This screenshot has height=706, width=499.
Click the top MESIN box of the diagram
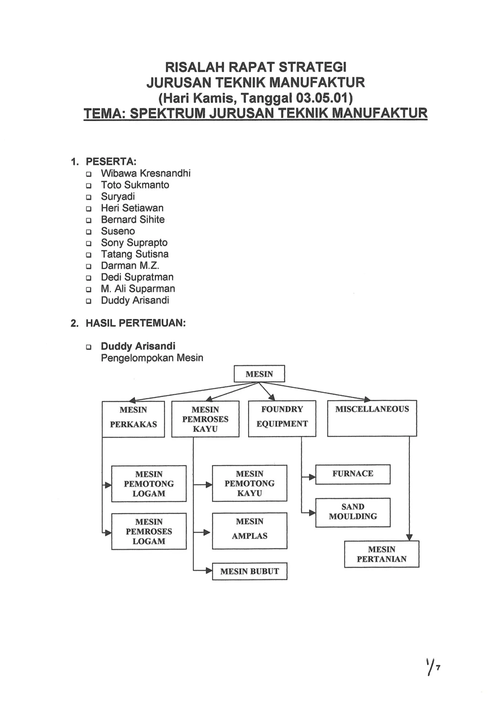pos(259,374)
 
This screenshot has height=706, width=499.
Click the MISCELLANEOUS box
pos(372,418)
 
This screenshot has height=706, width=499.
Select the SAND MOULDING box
pos(353,512)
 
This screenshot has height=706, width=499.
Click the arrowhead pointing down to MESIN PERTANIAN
pos(409,537)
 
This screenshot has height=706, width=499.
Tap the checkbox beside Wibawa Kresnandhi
pos(88,174)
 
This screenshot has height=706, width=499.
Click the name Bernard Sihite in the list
pos(133,220)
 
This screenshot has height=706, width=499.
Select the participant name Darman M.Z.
pos(130,266)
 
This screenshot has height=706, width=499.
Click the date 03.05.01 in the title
pos(321,98)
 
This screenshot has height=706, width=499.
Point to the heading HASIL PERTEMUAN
pos(135,323)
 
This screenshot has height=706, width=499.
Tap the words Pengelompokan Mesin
pos(152,358)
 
